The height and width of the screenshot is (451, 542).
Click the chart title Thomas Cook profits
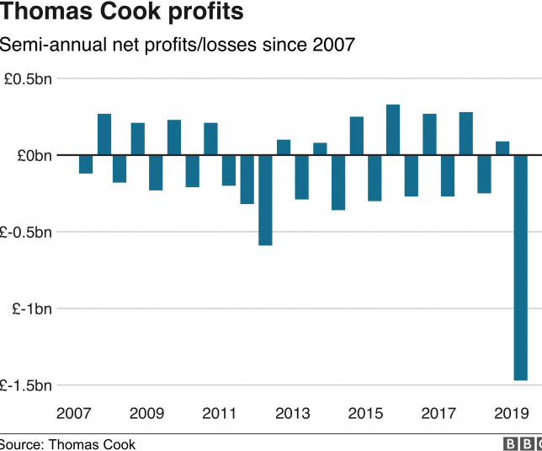[122, 13]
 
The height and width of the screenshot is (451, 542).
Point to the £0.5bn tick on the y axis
[28, 79]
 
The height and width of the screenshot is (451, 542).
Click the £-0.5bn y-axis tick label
[26, 232]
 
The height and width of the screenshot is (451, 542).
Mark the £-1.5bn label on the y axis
[26, 385]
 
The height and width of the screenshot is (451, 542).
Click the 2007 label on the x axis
[73, 413]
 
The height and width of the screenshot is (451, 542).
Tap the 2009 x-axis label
[146, 413]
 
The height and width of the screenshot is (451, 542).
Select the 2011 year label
[219, 413]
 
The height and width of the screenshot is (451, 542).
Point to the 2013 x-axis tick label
[292, 413]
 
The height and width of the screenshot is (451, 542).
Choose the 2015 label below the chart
[365, 413]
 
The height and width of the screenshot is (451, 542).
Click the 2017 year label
[438, 413]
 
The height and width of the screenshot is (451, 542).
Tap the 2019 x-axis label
[511, 413]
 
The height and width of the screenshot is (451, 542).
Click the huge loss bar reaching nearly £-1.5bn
[520, 268]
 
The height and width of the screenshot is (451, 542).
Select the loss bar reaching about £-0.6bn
[265, 200]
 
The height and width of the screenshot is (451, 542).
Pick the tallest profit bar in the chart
[393, 130]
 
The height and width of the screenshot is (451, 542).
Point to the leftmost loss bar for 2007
[86, 164]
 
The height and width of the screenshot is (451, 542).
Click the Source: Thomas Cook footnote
[67, 444]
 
